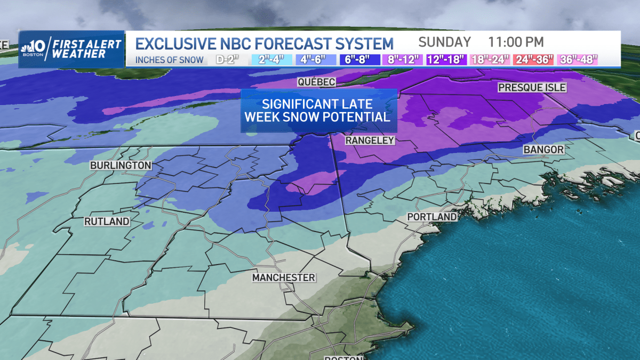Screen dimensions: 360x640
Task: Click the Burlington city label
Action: [x=121, y=166]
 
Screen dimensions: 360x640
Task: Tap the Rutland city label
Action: [x=107, y=221]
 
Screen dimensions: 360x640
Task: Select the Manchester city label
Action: [x=284, y=278]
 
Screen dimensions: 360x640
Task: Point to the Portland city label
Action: [x=432, y=217]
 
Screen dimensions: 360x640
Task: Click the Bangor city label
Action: [x=543, y=150]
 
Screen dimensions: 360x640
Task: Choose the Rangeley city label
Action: [x=370, y=140]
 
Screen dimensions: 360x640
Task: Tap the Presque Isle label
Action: [x=532, y=87]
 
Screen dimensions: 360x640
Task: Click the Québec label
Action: [x=316, y=82]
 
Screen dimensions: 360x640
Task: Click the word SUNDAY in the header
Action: [x=444, y=42]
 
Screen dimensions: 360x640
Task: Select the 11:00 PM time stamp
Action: [x=516, y=42]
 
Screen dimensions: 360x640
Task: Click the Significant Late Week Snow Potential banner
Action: [x=319, y=110]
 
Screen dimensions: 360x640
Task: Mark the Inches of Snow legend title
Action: [x=169, y=60]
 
